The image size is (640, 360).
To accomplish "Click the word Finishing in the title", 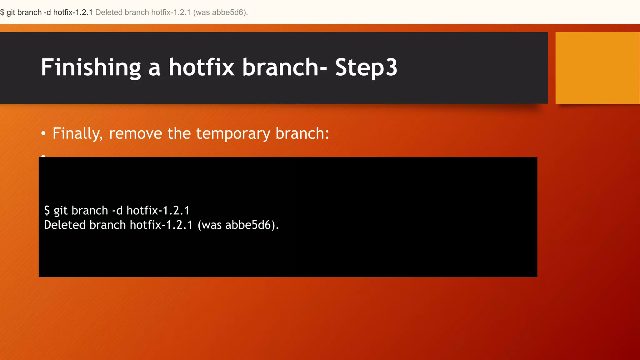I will [x=91, y=67].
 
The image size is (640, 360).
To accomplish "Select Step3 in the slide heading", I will [x=366, y=67].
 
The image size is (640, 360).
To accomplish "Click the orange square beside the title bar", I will [x=597, y=68].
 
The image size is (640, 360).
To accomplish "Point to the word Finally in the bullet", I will [x=77, y=134].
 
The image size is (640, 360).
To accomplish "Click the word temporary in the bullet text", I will [x=233, y=134].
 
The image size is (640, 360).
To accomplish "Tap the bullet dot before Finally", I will [x=43, y=134].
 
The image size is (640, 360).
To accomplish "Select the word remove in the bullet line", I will [x=135, y=134].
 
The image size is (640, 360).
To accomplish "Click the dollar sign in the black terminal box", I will [x=47, y=210].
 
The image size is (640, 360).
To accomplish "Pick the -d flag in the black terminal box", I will [x=117, y=210].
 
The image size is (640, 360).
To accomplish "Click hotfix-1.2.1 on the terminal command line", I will [x=158, y=210].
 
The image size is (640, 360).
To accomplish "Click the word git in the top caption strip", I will [x=11, y=12].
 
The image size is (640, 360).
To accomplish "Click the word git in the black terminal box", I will [x=61, y=211].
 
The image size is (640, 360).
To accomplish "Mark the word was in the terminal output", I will [x=211, y=225].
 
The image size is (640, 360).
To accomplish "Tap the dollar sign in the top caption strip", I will [x=2, y=12].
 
